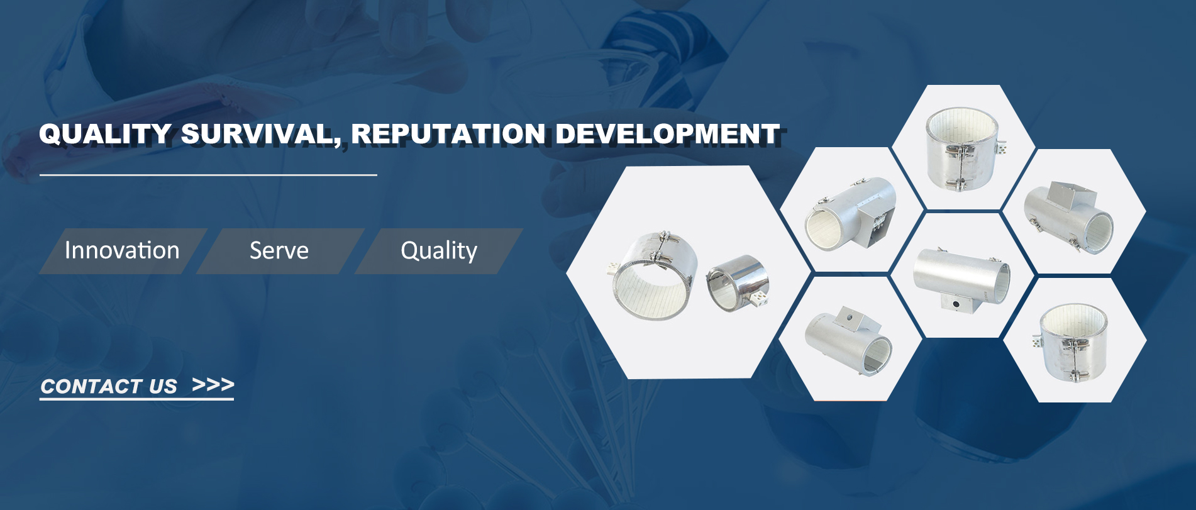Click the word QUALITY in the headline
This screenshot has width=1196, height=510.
(x=104, y=134)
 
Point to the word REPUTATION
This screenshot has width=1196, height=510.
(x=448, y=134)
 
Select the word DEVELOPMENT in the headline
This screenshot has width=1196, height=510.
(x=667, y=134)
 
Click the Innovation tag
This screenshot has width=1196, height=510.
(x=122, y=251)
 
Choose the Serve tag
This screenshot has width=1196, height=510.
(x=279, y=251)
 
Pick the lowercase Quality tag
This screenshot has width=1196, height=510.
(x=439, y=251)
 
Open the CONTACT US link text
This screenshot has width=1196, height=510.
(x=109, y=386)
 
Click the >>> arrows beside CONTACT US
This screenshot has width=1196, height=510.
(x=213, y=384)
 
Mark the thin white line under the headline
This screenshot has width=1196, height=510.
(x=208, y=175)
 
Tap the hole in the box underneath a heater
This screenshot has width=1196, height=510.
(x=956, y=304)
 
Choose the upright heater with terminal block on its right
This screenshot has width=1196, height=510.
(x=963, y=149)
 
